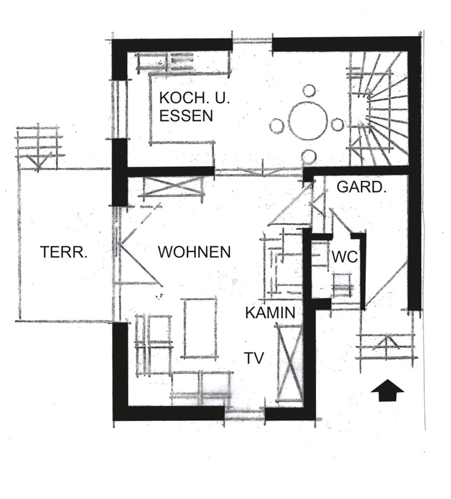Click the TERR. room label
64,252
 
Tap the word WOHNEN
194,252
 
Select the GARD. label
361,187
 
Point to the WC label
345,257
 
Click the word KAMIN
271,313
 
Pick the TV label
254,358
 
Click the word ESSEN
186,116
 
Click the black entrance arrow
387,390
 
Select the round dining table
308,121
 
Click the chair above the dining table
309,91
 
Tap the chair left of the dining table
276,126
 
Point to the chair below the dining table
309,156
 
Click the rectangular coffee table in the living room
199,328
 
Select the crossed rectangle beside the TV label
289,363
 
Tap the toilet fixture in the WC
342,285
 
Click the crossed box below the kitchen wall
172,188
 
